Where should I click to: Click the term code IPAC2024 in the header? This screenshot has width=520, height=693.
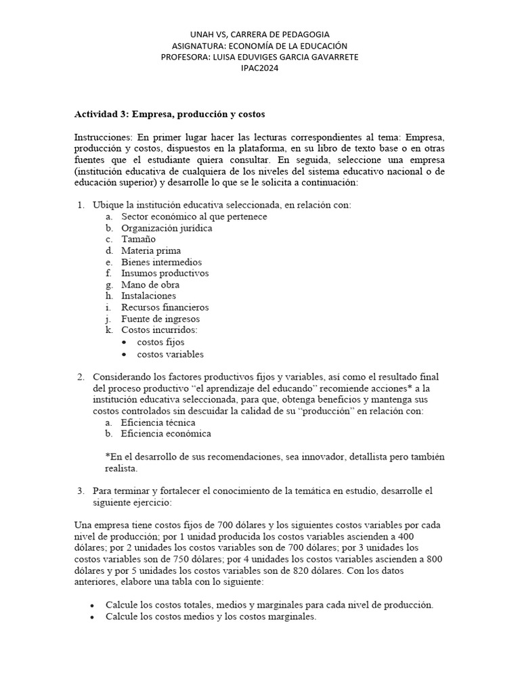click(x=259, y=68)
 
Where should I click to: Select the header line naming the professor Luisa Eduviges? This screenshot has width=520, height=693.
click(x=259, y=57)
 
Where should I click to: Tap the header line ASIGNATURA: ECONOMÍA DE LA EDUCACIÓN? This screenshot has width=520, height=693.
click(x=259, y=45)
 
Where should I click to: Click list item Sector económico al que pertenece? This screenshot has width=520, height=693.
click(x=194, y=217)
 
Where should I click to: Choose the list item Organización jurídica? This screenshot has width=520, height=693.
click(x=167, y=228)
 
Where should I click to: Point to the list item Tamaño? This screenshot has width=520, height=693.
click(x=138, y=240)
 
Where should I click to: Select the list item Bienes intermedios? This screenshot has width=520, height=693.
click(x=161, y=262)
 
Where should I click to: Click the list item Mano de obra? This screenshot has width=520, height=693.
click(x=150, y=285)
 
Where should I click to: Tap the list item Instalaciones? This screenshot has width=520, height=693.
click(x=148, y=296)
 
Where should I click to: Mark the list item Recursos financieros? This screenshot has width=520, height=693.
click(x=165, y=307)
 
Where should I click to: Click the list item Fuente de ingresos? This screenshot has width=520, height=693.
click(x=160, y=319)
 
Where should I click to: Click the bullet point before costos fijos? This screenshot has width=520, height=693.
click(x=125, y=342)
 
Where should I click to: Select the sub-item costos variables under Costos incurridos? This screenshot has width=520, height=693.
click(x=170, y=354)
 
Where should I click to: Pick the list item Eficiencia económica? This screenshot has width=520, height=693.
click(x=166, y=434)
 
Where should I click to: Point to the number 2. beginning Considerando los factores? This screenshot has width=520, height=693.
click(x=80, y=376)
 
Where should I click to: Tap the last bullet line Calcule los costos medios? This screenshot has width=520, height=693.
click(x=211, y=617)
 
